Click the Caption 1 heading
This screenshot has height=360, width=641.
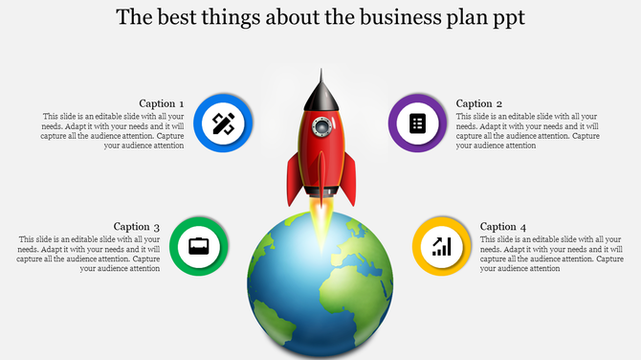click(x=162, y=103)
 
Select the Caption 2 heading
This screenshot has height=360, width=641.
click(x=479, y=103)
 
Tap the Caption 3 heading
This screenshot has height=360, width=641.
click(x=137, y=227)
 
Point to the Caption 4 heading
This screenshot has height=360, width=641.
click(x=503, y=227)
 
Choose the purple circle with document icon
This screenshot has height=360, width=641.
click(x=416, y=124)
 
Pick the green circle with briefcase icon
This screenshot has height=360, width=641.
click(x=198, y=246)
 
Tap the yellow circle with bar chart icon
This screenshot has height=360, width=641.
click(x=441, y=247)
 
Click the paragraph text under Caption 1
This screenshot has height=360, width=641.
click(x=113, y=131)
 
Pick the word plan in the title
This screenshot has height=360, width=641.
click(x=465, y=18)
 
